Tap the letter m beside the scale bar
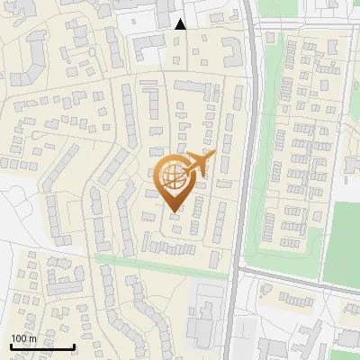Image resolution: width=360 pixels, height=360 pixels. [32, 338]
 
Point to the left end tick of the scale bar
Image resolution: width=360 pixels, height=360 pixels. [11, 346]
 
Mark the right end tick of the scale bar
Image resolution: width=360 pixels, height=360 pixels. [74, 346]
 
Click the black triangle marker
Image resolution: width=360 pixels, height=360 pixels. [180, 24]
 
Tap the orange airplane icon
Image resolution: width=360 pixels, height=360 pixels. [200, 164]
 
